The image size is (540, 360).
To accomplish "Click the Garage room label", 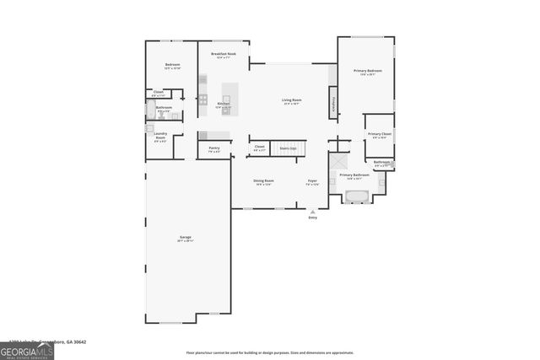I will (186, 239).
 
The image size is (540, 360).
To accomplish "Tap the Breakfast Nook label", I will (224, 54).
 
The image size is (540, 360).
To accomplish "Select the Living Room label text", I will (292, 100).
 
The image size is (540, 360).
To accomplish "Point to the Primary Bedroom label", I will (368, 71).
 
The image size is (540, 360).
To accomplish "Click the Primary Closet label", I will (380, 134).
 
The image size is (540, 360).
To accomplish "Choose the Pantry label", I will (214, 148).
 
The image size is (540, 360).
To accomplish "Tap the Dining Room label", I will (263, 180).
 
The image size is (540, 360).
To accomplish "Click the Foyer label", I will (312, 180).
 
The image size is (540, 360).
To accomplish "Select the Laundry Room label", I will (159, 136).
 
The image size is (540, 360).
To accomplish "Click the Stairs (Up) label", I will (289, 147).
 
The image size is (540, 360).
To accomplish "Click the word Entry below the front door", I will (313, 218).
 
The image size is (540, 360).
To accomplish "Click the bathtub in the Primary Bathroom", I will (356, 196).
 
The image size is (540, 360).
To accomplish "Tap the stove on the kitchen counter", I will (203, 99).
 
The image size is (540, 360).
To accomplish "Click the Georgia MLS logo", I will (26, 351).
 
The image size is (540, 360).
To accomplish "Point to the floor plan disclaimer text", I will (270, 352).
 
